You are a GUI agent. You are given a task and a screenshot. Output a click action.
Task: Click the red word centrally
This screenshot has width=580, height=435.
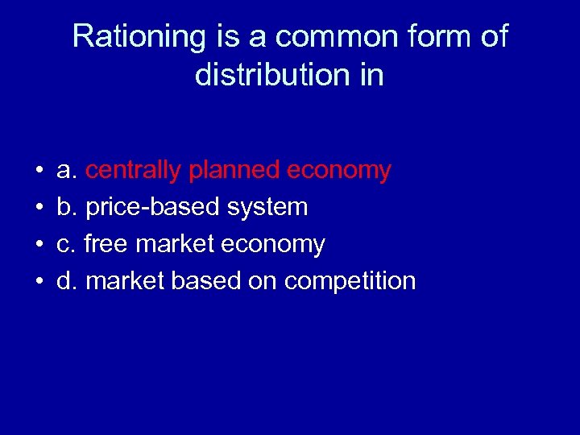click(134, 170)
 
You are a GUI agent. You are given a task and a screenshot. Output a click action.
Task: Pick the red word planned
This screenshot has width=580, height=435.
click(234, 170)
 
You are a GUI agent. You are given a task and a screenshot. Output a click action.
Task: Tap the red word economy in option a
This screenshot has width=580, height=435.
click(339, 170)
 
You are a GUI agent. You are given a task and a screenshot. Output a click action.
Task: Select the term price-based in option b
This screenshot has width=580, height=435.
click(153, 207)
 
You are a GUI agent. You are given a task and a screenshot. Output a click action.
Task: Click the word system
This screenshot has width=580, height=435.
click(267, 207)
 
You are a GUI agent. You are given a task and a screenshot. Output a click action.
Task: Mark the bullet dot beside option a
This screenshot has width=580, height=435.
click(39, 171)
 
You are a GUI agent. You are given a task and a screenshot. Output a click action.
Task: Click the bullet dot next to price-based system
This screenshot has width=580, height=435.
click(39, 208)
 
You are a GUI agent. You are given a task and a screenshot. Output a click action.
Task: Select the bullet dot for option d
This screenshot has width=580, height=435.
click(39, 282)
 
